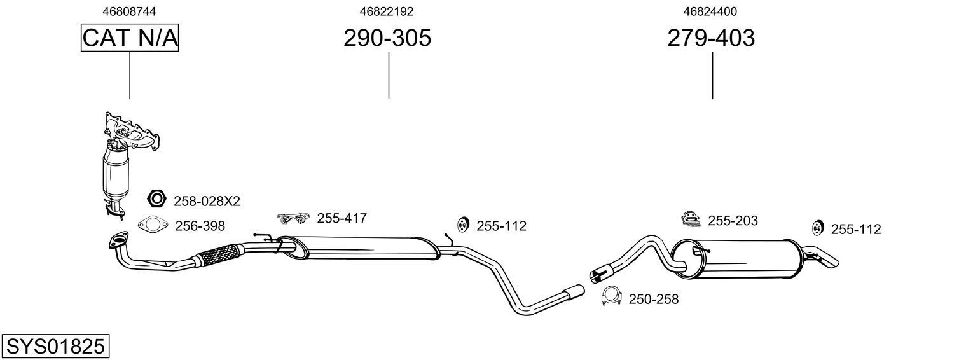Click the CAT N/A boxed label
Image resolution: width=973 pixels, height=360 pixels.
pyautogui.click(x=130, y=38)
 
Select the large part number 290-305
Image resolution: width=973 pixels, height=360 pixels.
pyautogui.click(x=387, y=38)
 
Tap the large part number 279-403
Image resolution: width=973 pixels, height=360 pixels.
pyautogui.click(x=711, y=38)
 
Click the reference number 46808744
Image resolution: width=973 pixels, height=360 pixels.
pyautogui.click(x=130, y=11)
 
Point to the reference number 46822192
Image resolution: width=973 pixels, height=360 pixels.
pyautogui.click(x=387, y=11)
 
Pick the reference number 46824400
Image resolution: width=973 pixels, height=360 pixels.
pyautogui.click(x=711, y=11)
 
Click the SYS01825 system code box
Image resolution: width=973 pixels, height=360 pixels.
pyautogui.click(x=55, y=347)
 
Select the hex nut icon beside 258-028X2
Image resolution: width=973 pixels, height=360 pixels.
pyautogui.click(x=156, y=200)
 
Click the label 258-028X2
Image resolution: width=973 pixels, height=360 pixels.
pyautogui.click(x=207, y=201)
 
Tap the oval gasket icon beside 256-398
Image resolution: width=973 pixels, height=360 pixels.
pyautogui.click(x=151, y=224)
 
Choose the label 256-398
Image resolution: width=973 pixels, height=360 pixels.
pyautogui.click(x=200, y=226)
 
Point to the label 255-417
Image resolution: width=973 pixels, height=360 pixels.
pyautogui.click(x=342, y=218)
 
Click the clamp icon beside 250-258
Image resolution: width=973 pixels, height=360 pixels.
pyautogui.click(x=611, y=296)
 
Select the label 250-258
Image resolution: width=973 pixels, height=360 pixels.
pyautogui.click(x=654, y=299)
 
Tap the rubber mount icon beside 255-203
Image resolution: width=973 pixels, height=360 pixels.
pyautogui.click(x=690, y=219)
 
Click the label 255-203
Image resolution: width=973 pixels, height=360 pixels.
pyautogui.click(x=733, y=221)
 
